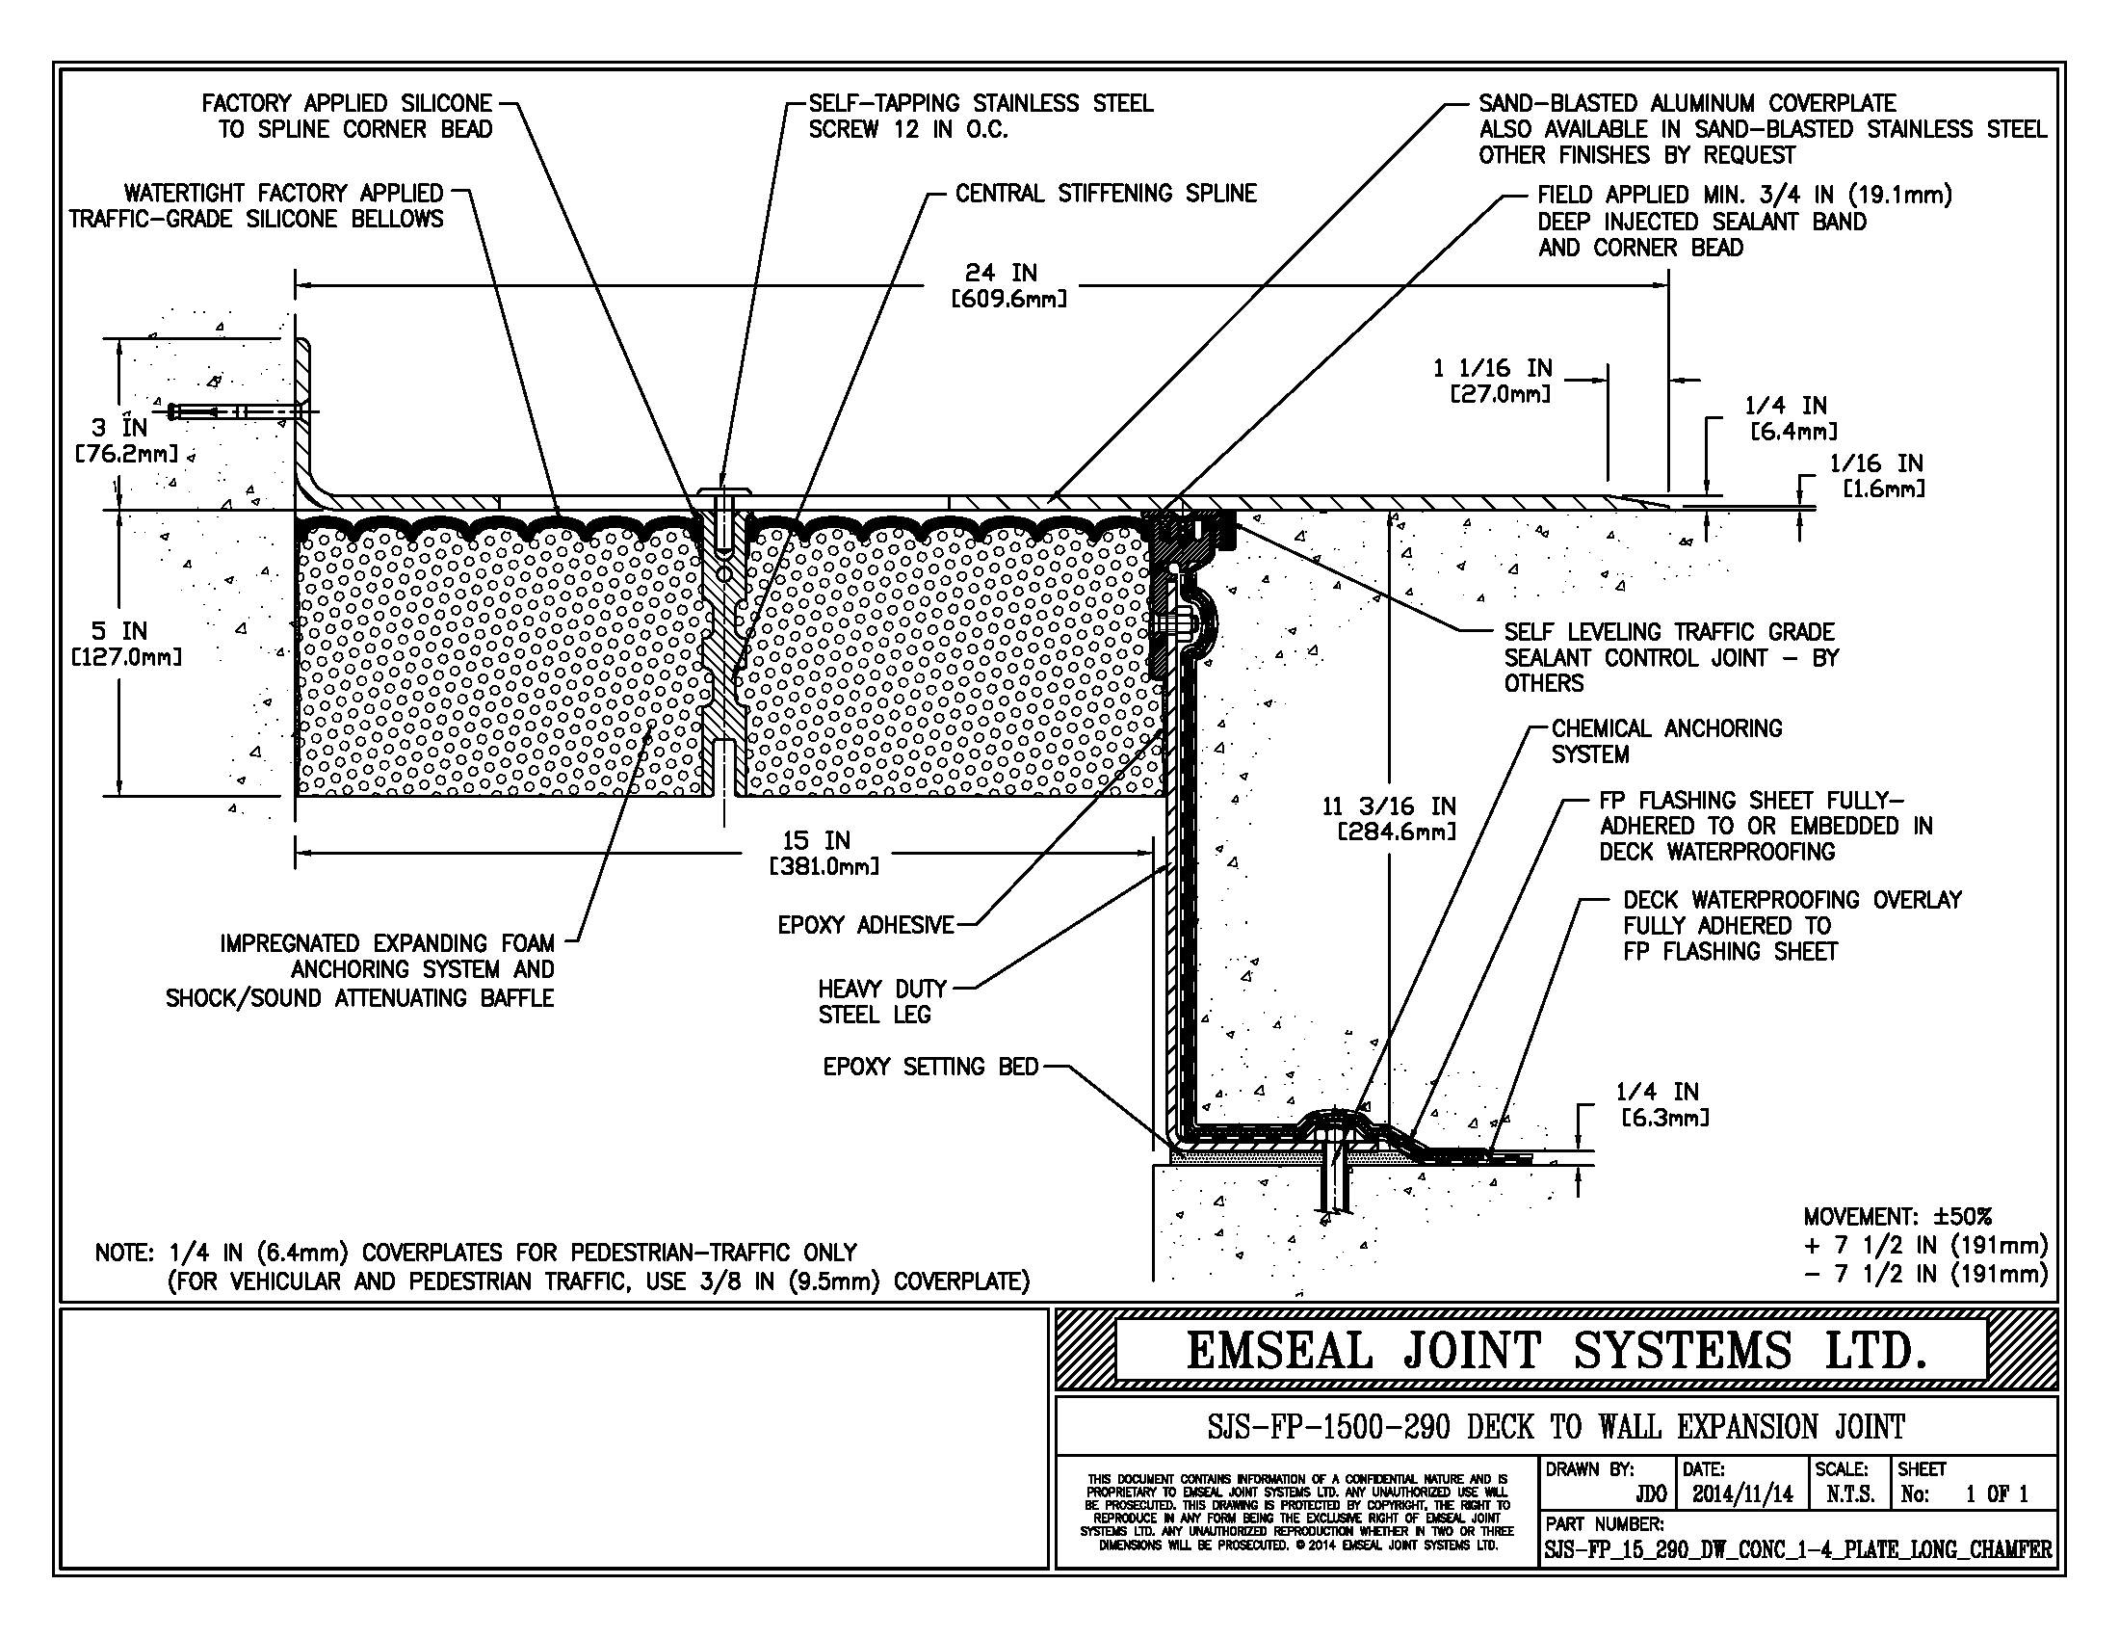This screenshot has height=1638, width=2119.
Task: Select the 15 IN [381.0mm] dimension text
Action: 824,853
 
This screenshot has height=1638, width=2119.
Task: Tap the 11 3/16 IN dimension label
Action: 1389,818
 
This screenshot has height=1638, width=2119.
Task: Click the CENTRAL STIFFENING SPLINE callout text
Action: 1105,194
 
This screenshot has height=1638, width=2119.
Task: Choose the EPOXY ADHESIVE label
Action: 866,926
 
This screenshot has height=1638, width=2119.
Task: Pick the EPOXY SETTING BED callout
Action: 930,1068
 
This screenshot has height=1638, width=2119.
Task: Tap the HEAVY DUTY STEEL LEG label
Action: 881,1001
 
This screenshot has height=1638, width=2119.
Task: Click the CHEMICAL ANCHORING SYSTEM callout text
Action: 1665,741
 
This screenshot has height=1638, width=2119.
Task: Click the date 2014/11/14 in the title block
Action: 1742,1494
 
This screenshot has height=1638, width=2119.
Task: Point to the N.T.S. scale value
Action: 1849,1494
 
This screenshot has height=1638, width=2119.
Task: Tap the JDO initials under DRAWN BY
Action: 1650,1494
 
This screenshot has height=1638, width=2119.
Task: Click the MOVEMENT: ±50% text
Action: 1897,1217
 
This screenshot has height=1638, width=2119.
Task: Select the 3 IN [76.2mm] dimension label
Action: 125,439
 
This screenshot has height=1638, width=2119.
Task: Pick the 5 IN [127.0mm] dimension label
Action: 127,644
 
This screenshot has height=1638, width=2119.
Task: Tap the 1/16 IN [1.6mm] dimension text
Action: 1875,475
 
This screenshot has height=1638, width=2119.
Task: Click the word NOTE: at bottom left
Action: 124,1253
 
